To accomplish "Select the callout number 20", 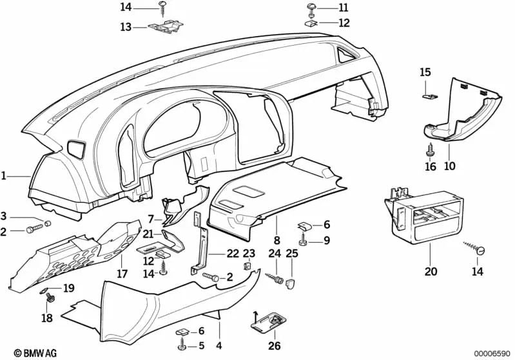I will pos(431,271).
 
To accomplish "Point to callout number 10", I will pos(449,166).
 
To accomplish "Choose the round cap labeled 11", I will pos(311,8).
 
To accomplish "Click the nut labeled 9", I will pos(305,242).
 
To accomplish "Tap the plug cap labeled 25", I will pos(291,281).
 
